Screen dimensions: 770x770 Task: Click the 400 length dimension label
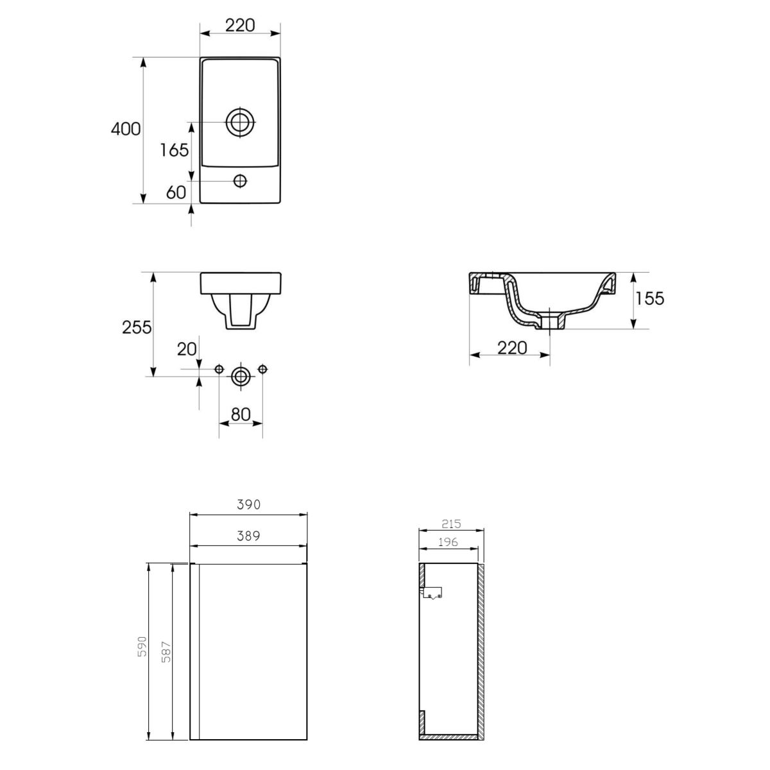126,129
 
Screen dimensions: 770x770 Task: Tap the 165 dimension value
175,150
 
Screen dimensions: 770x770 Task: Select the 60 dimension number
176,193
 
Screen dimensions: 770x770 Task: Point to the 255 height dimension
137,327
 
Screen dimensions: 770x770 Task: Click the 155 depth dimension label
650,298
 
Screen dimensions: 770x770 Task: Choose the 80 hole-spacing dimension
241,415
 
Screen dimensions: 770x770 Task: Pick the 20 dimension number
187,349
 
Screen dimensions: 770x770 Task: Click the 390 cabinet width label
248,505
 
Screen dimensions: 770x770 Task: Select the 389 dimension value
248,536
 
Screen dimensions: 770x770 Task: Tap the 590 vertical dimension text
142,658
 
